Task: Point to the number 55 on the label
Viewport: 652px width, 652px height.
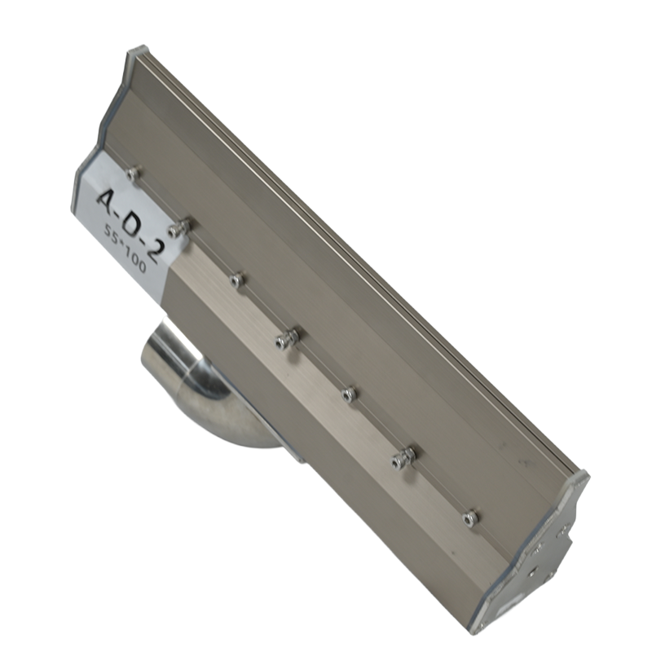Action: [112, 235]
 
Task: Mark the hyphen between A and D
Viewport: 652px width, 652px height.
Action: [122, 210]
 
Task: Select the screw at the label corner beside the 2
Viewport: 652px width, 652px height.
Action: [179, 226]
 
